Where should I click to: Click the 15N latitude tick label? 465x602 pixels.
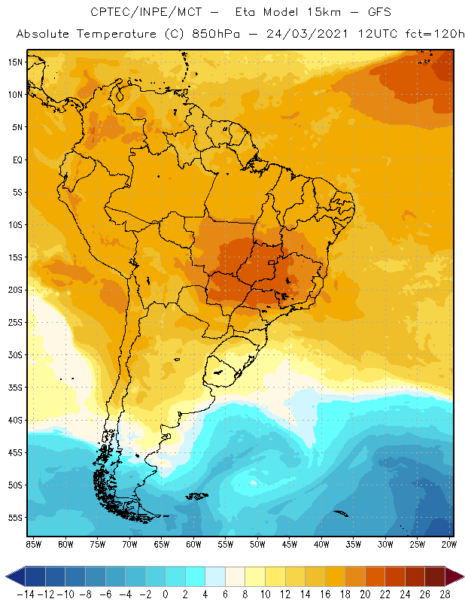click(x=15, y=62)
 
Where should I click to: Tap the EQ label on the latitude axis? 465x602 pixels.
click(x=16, y=160)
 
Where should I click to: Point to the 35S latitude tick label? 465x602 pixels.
click(x=15, y=388)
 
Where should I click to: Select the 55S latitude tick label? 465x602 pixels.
click(x=15, y=518)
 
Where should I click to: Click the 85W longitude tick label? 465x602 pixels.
click(x=33, y=543)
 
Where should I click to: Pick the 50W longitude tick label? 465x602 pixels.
click(x=258, y=543)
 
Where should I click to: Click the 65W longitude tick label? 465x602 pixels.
click(x=162, y=543)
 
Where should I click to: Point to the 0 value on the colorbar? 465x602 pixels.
click(x=165, y=594)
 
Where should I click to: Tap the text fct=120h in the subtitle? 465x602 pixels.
click(x=436, y=35)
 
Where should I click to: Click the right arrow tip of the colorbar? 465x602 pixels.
click(x=460, y=576)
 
